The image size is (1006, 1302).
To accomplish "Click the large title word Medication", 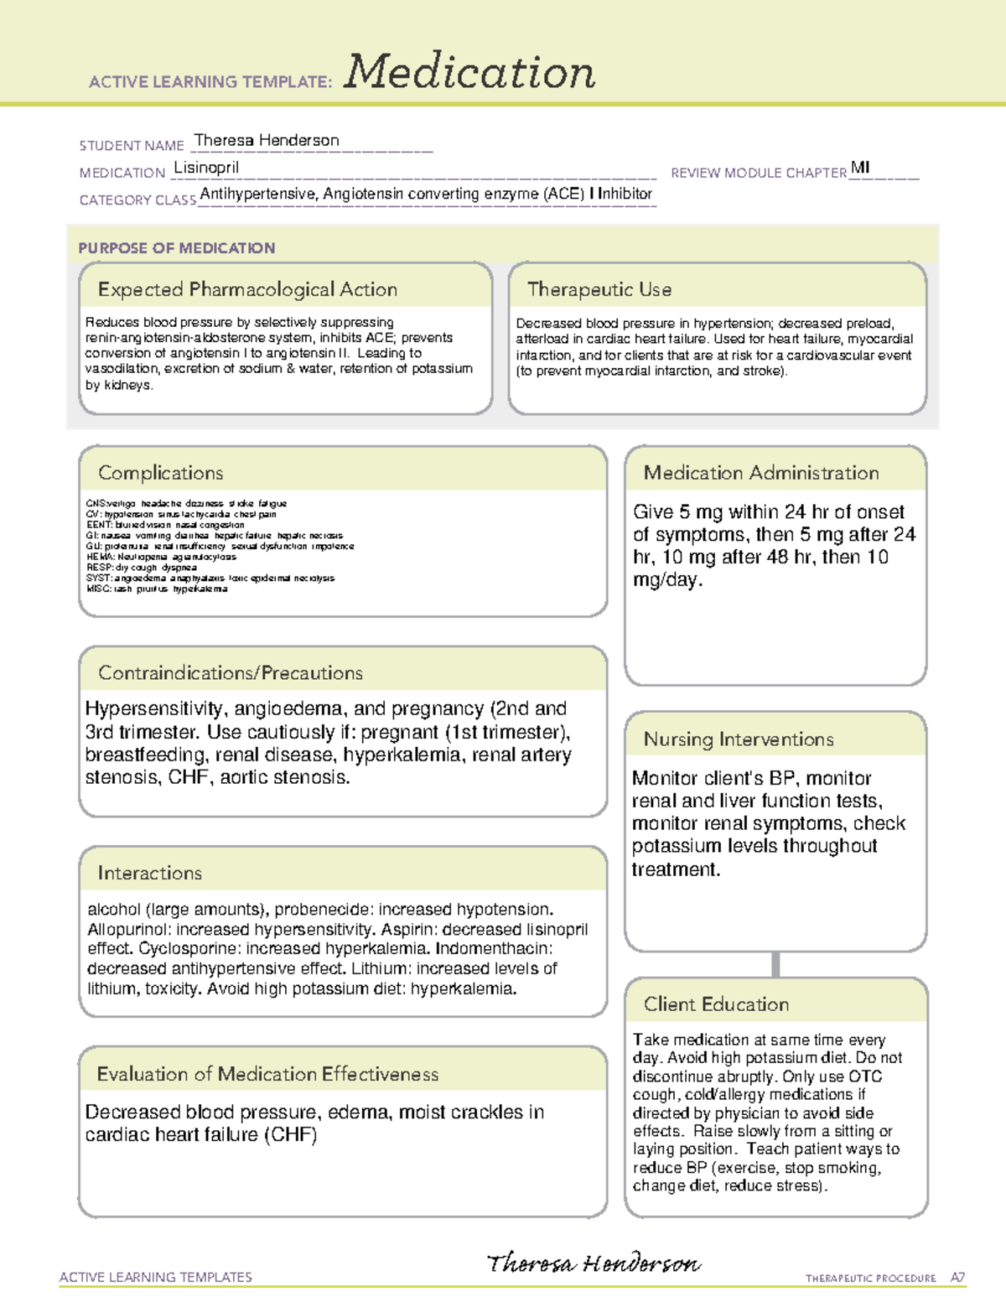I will click(x=469, y=72).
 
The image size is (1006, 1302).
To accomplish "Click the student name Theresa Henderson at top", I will click(x=267, y=140).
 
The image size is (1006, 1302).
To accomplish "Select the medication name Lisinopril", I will click(x=206, y=167).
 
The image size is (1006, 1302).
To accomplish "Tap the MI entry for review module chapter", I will click(x=860, y=167).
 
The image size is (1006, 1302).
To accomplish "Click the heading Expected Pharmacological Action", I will click(x=247, y=289).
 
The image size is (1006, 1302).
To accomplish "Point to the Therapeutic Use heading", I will click(x=599, y=289).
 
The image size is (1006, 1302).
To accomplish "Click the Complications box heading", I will click(x=160, y=473).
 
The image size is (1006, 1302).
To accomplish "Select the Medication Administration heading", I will click(x=760, y=473).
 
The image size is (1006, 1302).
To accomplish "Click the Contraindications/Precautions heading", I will click(x=231, y=673).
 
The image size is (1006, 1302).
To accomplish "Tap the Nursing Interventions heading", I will click(x=738, y=739).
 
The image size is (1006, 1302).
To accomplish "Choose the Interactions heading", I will click(x=149, y=874).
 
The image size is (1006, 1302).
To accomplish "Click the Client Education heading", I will click(x=716, y=1004).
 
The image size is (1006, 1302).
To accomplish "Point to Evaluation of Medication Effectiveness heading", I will click(x=267, y=1074).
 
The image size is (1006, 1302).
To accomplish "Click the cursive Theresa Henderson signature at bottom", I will click(x=594, y=1263).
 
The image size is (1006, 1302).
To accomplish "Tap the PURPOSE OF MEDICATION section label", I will click(x=176, y=248).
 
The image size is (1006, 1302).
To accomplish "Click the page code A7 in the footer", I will click(x=957, y=1278).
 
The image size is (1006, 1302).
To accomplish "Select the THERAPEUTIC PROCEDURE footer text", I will click(x=870, y=1279).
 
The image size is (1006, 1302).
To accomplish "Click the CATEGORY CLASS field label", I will click(x=137, y=200).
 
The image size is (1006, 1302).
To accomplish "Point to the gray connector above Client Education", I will click(x=775, y=964).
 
